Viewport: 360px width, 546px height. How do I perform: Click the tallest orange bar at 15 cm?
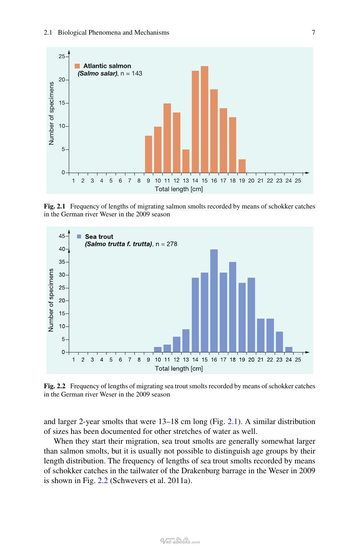pyautogui.click(x=204, y=120)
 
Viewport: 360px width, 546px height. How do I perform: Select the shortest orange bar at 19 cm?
pyautogui.click(x=242, y=166)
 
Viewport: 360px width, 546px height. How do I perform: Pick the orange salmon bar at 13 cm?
pyautogui.click(x=186, y=161)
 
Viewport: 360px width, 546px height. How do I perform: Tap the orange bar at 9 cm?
pyautogui.click(x=148, y=154)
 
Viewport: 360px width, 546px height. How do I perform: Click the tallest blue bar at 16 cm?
pyautogui.click(x=214, y=301)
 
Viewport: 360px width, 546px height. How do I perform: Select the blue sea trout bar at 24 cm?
pyautogui.click(x=288, y=350)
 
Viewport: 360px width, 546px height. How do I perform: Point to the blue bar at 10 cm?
pyautogui.click(x=158, y=350)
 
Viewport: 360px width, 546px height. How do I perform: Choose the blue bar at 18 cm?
pyautogui.click(x=233, y=307)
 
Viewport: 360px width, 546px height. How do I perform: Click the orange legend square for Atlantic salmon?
pyautogui.click(x=77, y=66)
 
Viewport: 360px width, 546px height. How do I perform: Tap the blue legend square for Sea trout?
pyautogui.click(x=79, y=236)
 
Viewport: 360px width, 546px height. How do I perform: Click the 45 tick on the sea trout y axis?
pyautogui.click(x=67, y=236)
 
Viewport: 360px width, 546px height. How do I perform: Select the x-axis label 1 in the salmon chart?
pyautogui.click(x=73, y=181)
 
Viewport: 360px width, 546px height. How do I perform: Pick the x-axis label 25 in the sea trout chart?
pyautogui.click(x=298, y=360)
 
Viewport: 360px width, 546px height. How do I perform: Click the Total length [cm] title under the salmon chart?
pyautogui.click(x=179, y=189)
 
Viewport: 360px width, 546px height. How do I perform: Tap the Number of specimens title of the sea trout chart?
pyautogui.click(x=51, y=300)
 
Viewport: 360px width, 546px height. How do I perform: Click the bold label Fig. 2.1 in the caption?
pyautogui.click(x=55, y=207)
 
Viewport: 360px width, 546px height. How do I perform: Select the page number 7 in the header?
pyautogui.click(x=314, y=32)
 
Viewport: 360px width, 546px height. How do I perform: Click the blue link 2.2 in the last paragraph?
pyautogui.click(x=103, y=481)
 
